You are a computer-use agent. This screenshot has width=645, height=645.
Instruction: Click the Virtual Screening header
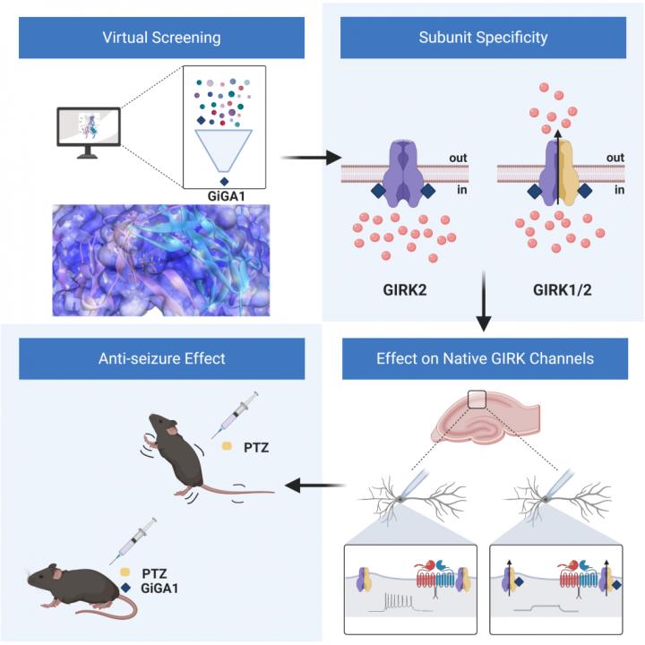click(162, 39)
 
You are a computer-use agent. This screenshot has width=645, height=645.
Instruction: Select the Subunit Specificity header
click(483, 39)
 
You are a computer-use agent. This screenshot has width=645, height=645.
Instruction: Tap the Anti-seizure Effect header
click(162, 357)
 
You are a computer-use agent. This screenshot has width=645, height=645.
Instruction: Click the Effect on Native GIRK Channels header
click(483, 357)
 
